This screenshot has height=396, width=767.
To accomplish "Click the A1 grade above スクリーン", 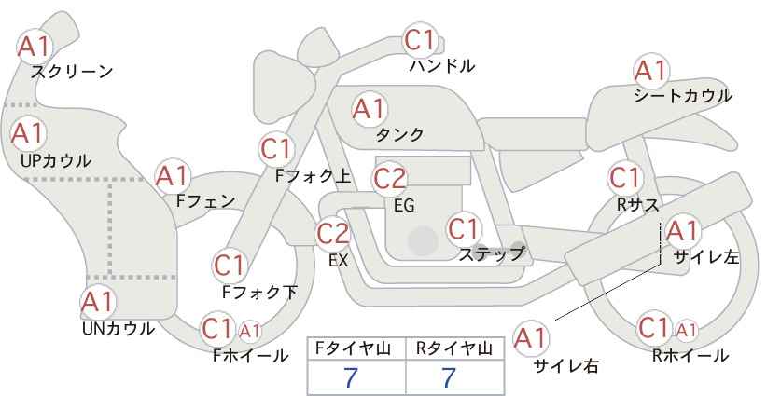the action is point(35,47).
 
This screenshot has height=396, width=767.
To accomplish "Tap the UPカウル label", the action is point(56,161).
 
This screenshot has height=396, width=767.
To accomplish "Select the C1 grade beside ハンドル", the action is point(421,40).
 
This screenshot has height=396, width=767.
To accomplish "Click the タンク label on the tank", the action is point(399,134).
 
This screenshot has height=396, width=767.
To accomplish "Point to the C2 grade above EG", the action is point(390,179).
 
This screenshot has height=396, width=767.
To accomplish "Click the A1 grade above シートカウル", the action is point(651,71).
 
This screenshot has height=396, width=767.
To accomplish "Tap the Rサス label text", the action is point(637,205).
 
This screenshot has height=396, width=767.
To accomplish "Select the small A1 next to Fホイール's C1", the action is point(249,332).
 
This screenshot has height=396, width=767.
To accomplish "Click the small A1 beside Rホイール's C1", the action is point(686,331).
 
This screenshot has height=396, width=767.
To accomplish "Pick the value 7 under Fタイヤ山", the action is point(351,377).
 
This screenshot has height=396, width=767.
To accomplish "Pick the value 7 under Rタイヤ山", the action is point(449,377).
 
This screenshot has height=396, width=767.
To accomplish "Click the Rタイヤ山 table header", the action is point(453,348).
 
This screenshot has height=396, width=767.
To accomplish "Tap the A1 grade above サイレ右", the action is point(531,337).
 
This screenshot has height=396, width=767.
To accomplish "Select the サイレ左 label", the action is point(705,257).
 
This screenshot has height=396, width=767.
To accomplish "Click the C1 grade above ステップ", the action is point(463,228).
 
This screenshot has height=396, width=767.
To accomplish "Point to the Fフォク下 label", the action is point(259,292).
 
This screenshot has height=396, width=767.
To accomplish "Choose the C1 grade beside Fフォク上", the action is point(276,149).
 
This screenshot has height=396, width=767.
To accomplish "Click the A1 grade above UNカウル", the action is point(98,302).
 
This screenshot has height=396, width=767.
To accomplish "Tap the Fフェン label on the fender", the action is point(205,201).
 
